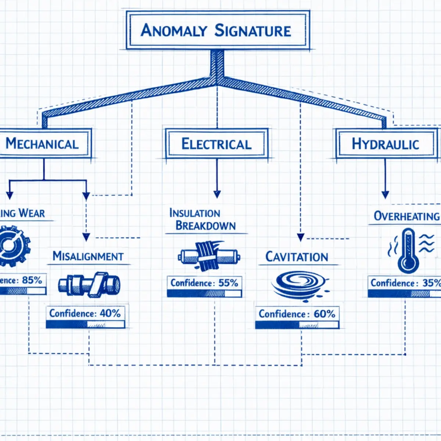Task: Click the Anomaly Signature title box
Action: [x=217, y=30]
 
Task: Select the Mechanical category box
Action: [x=43, y=143]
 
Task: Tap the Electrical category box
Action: [x=216, y=144]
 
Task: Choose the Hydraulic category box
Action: [x=385, y=144]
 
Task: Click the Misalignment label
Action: [x=88, y=256]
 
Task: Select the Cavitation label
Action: [x=297, y=257]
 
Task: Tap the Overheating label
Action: [x=406, y=216]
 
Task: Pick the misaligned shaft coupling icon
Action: [x=89, y=284]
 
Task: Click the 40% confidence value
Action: [x=110, y=313]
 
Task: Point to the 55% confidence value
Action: [x=228, y=283]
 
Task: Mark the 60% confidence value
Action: [x=324, y=314]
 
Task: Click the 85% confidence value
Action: [x=32, y=280]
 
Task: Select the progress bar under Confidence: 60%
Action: [x=297, y=325]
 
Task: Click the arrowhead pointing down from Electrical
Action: [x=217, y=194]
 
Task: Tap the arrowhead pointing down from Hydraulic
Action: [x=385, y=195]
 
